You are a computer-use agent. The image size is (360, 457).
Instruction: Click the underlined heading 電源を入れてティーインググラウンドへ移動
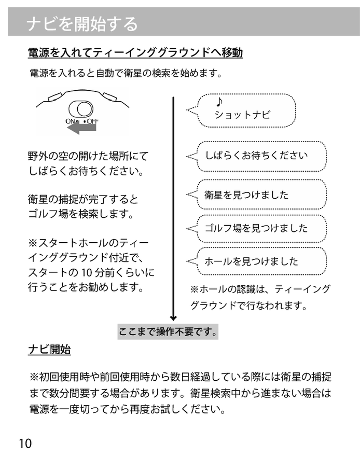(x=135, y=53)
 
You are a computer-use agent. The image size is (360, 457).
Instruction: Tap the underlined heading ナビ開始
(x=49, y=350)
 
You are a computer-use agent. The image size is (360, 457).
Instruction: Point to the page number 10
(x=25, y=444)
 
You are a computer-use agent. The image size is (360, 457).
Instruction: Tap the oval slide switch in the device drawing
(x=81, y=109)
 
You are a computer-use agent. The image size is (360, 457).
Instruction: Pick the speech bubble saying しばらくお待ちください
(x=256, y=155)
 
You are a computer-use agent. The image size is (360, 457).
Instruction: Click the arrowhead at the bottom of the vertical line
(x=173, y=317)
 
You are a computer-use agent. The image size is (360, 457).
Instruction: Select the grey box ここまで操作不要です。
(x=168, y=331)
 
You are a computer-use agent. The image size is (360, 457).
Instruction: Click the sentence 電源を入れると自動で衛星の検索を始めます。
(x=126, y=73)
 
